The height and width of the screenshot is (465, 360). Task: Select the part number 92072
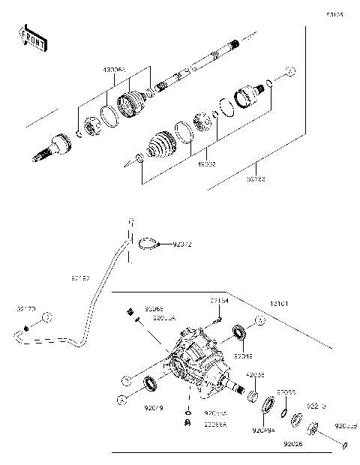pyautogui.click(x=183, y=244)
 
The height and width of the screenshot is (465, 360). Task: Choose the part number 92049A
pyautogui.click(x=263, y=431)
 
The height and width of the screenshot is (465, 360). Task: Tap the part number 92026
pyautogui.click(x=292, y=443)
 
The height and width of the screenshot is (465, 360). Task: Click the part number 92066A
pyautogui.click(x=215, y=423)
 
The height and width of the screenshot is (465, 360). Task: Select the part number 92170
pyautogui.click(x=25, y=307)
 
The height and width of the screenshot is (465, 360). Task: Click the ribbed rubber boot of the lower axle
pyautogui.click(x=158, y=146)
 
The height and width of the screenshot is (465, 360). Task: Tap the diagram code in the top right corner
pyautogui.click(x=335, y=14)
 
